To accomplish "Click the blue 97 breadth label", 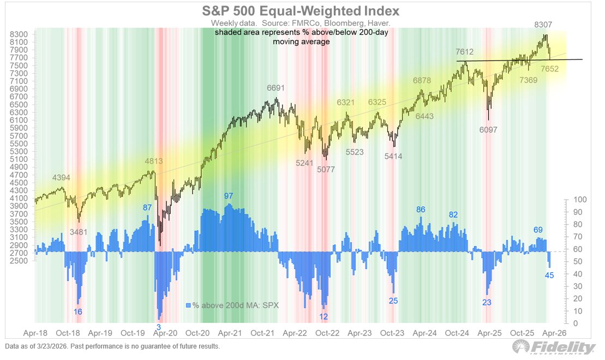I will point(229,196).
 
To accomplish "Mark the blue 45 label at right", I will point(549,275).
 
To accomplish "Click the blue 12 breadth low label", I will point(324,317).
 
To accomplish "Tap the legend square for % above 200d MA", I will point(189,305).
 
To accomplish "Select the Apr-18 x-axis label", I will point(34,332).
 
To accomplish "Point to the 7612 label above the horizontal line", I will point(464,52).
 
